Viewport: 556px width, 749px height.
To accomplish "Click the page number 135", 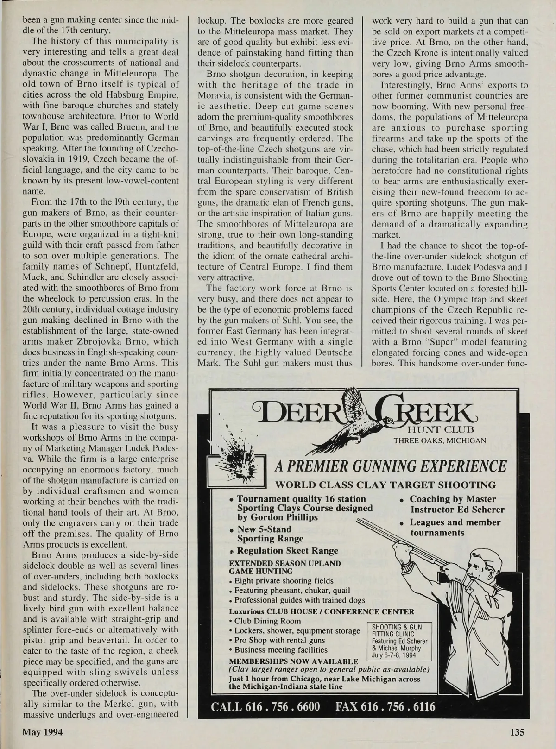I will (517, 732).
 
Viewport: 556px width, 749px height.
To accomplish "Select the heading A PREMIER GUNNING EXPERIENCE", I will (391, 466).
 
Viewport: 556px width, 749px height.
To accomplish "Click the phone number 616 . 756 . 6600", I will (265, 706).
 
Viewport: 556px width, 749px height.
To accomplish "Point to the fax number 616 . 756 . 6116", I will (385, 706).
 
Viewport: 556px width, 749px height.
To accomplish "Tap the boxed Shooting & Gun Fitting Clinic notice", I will (399, 641).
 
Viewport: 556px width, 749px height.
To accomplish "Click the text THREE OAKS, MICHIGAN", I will (440, 440).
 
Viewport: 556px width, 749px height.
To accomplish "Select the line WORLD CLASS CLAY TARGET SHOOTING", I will (385, 485).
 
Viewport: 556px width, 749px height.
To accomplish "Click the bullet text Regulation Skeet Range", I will (287, 550).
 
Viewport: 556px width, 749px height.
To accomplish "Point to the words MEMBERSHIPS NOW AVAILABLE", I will (294, 661).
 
